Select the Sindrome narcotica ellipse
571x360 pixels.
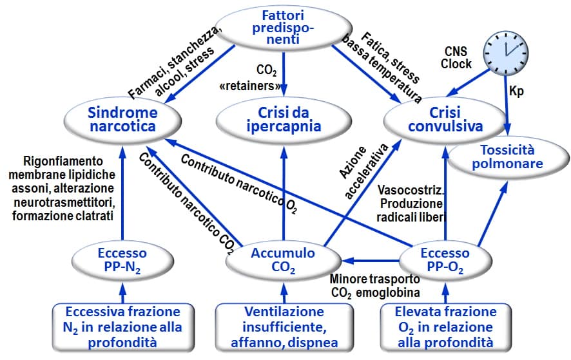coord(122,118)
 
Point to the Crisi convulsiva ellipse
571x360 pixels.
coord(445,118)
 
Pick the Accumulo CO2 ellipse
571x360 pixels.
coord(284,260)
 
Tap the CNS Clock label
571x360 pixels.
coord(458,58)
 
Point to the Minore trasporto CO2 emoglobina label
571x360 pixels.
coord(375,287)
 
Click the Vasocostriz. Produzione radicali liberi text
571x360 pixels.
coord(411,204)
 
